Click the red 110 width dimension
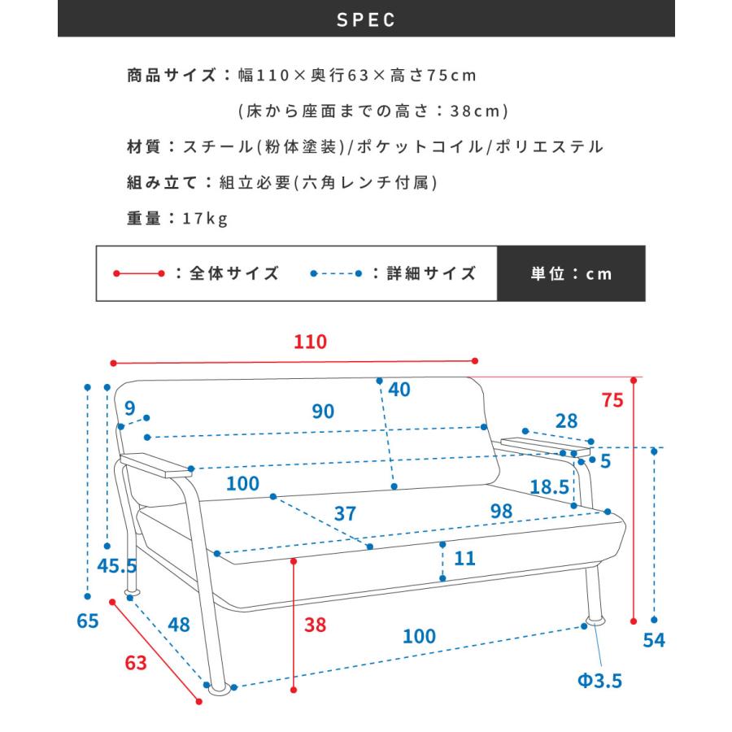[309, 342]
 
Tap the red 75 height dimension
[612, 399]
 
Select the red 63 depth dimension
[136, 662]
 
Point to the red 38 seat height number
[316, 625]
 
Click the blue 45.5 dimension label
[117, 566]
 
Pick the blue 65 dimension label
[88, 621]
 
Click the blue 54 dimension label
[654, 640]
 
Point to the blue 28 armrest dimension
[566, 421]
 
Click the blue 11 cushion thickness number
[465, 559]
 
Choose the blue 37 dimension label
[346, 514]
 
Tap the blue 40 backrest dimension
[399, 390]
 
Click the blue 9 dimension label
[129, 407]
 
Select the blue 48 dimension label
[179, 625]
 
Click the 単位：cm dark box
[571, 274]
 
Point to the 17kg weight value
[206, 217]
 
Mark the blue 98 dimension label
[502, 512]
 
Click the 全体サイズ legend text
[234, 274]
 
